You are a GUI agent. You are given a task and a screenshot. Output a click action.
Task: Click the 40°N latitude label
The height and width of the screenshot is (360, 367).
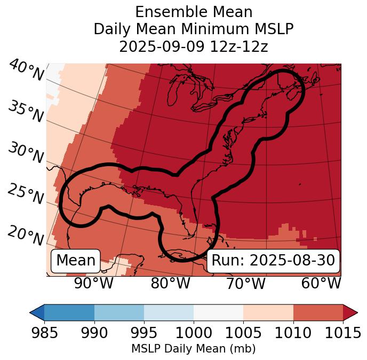coord(26,71)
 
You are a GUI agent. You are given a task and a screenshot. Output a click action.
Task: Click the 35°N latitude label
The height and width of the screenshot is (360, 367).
coord(26,112)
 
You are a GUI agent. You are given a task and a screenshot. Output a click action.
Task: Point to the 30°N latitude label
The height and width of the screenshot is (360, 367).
coord(26,153)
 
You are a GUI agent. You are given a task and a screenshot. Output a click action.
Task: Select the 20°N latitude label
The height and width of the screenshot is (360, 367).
coord(26,234)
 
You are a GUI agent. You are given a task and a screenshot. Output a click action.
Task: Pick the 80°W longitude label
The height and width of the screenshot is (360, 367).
coord(170,284)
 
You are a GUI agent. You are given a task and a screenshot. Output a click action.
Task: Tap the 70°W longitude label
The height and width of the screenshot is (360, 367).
coord(245,284)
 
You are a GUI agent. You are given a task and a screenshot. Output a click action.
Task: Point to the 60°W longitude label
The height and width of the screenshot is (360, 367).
coord(321,284)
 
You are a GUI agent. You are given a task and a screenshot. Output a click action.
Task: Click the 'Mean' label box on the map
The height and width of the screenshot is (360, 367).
coord(76,261)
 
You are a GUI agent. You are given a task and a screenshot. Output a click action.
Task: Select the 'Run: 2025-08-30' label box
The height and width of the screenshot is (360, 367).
coord(273,261)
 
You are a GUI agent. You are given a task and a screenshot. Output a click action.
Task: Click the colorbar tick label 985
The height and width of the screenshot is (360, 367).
coord(44,333)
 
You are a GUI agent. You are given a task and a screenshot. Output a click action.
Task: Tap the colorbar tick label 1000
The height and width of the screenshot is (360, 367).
coord(194,333)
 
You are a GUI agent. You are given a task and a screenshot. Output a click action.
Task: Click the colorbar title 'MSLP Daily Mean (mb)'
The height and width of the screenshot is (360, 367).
coord(193,349)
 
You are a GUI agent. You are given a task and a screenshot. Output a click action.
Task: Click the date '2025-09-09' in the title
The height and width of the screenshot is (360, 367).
coord(156,47)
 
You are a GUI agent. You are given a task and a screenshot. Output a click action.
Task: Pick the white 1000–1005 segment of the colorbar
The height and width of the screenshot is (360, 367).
coord(218,312)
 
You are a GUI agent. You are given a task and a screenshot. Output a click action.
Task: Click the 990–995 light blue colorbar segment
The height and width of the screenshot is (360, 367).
coord(119,312)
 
